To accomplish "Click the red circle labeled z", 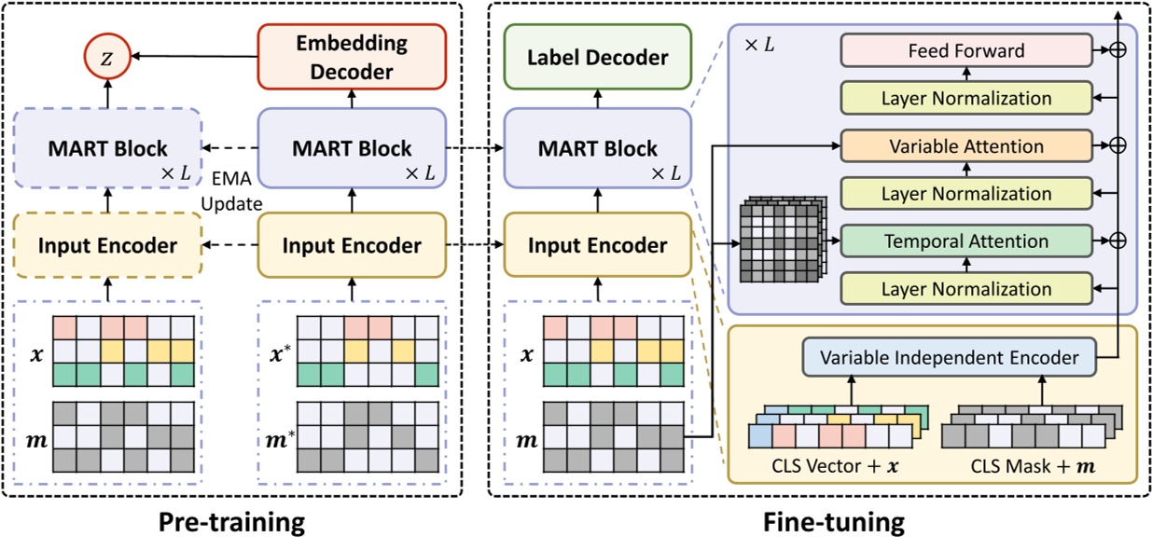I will coord(107,57).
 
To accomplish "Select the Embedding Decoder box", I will coord(353,56).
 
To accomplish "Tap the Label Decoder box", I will coord(598,58).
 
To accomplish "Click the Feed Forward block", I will coord(965,51).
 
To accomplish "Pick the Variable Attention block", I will coord(965,146).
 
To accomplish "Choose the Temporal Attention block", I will coord(965,241).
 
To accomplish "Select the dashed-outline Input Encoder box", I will coord(107,246).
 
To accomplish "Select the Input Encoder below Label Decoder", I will coord(598,246).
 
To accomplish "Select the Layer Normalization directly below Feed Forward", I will coord(965,99).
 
